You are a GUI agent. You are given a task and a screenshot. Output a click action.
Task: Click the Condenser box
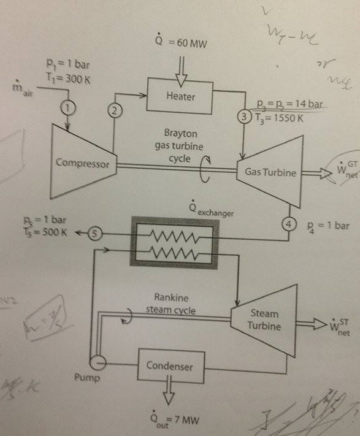(169, 367)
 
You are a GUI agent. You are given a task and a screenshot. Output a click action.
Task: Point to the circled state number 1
(67, 107)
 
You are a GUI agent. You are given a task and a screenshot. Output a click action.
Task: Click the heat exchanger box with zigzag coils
(175, 243)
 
